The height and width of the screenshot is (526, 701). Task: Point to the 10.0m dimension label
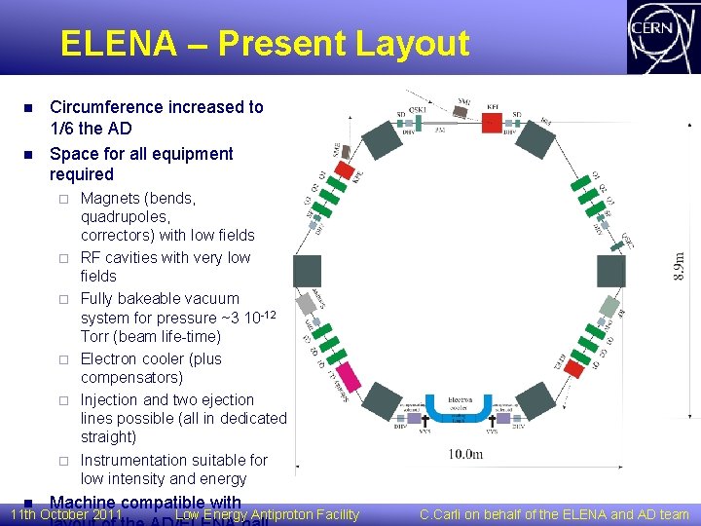pos(464,454)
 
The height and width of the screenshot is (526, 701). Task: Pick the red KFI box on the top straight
pos(492,121)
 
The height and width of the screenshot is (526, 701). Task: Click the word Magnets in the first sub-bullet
pos(109,198)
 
